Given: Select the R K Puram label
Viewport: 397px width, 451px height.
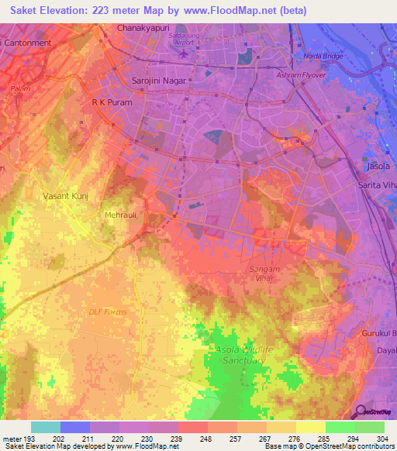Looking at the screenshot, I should point(112,102).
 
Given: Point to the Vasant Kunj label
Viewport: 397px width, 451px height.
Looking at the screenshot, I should point(66,197).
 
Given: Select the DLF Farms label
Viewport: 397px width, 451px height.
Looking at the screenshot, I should point(107,312).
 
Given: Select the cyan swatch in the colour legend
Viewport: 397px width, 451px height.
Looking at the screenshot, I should point(45,427).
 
